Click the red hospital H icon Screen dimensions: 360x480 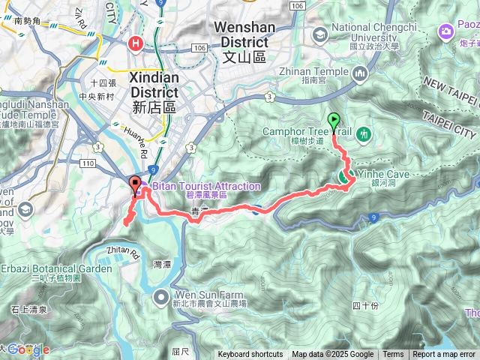(x=136, y=44)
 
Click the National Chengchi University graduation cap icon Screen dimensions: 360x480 (x=320, y=34)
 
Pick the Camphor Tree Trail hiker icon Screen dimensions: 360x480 (x=365, y=133)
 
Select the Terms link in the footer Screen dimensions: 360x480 (x=393, y=355)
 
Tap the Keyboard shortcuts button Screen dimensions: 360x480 (x=250, y=355)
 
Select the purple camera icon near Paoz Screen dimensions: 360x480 (x=447, y=31)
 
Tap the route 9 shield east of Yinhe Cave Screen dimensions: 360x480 (x=373, y=217)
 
